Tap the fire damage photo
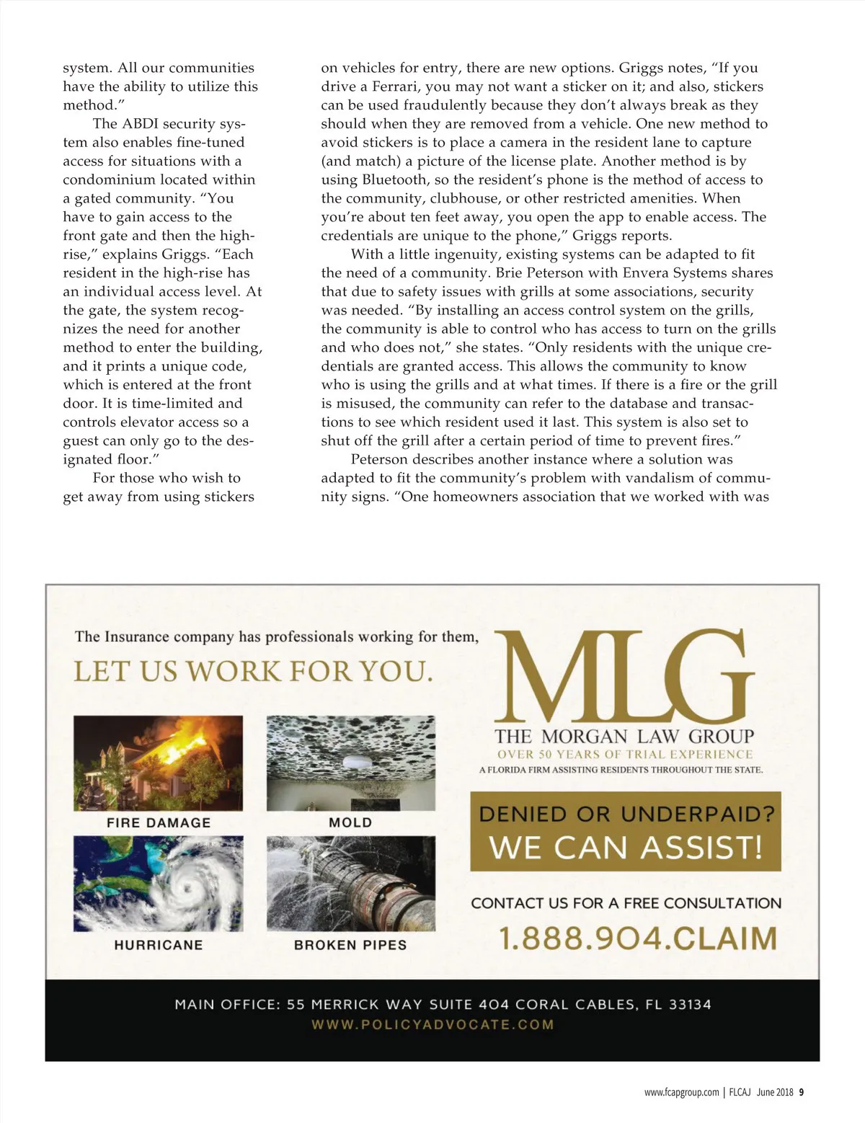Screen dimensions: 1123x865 (158, 763)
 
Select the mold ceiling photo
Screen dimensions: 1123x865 (351, 763)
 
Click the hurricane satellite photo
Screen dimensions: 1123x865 (158, 883)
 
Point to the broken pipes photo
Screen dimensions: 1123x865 (351, 883)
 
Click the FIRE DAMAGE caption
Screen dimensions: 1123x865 (159, 822)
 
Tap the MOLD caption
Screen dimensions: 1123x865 (350, 822)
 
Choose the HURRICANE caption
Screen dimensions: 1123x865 (159, 944)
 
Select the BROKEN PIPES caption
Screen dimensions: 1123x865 (350, 944)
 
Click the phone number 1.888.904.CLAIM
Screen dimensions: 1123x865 (638, 938)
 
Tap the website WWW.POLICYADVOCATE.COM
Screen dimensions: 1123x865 (432, 1024)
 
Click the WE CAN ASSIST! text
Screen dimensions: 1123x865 (626, 847)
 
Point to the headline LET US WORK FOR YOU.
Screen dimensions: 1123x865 (254, 672)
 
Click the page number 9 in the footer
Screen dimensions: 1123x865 (802, 1092)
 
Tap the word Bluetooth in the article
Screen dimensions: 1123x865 (394, 179)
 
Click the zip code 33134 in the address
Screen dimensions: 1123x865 (690, 1004)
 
